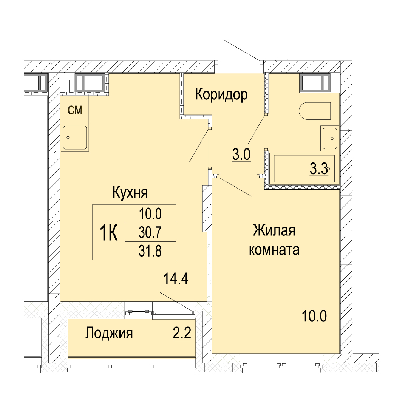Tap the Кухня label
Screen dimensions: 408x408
pos(130,193)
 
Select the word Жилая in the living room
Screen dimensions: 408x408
pos(274,230)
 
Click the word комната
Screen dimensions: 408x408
pos(274,250)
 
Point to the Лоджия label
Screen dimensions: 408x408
pos(109,333)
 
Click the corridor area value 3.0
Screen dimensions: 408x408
pos(241,155)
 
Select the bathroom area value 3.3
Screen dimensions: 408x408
pos(318,169)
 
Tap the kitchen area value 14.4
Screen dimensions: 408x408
pos(176,279)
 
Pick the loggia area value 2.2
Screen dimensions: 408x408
pos(182,333)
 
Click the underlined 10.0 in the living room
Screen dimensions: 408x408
pos(314,317)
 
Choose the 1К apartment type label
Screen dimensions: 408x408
pos(109,233)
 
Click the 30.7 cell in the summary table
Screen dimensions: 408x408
pos(150,232)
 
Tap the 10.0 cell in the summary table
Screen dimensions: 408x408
pos(150,214)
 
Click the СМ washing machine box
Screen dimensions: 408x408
pos(75,110)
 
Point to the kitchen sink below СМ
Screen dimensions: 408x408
pos(75,138)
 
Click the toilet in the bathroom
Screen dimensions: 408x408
pos(315,111)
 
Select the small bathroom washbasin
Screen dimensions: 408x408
pos(330,138)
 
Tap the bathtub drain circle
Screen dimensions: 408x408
pos(328,168)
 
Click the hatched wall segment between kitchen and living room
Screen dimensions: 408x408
pos(207,209)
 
